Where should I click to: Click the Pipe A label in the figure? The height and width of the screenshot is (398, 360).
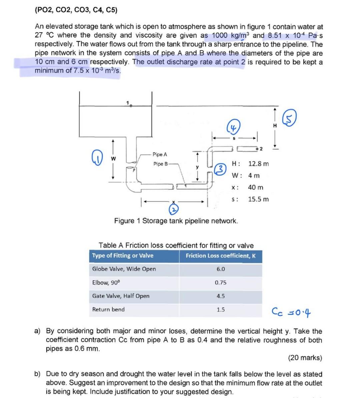coord(160,154)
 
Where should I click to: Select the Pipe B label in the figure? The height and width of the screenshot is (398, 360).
coord(161,164)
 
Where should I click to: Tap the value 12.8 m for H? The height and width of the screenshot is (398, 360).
coord(258,164)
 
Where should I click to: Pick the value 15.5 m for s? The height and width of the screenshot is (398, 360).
coord(258,199)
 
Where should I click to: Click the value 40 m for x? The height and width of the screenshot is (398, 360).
coord(256,187)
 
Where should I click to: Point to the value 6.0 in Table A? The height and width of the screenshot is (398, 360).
coord(221,269)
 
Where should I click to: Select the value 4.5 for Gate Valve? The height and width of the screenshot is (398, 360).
coord(221,296)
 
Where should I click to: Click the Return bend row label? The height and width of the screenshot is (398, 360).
coord(108,309)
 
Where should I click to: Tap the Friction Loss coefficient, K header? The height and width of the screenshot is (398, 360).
coord(221,256)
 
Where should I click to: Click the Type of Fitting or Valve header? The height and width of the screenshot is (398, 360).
coord(123,256)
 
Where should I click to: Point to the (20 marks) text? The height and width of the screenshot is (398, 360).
coord(305,358)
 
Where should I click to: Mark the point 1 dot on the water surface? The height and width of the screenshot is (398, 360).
coord(131,105)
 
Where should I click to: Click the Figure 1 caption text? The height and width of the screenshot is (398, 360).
coord(176,221)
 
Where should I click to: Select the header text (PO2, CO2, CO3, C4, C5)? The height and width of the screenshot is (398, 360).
coord(76,10)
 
